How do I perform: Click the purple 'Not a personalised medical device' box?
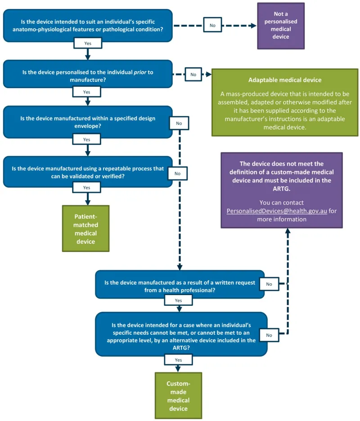(x=281, y=26)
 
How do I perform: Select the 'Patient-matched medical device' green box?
(x=85, y=229)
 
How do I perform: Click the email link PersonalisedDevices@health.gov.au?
(x=277, y=210)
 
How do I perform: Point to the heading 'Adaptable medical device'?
(x=285, y=81)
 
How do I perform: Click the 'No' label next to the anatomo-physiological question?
(x=212, y=25)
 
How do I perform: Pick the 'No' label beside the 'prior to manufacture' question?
(x=193, y=74)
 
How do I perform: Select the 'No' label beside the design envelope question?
(x=179, y=123)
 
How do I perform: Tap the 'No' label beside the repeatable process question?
(x=177, y=173)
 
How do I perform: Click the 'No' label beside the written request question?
(x=269, y=284)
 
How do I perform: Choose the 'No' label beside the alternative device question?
(x=269, y=335)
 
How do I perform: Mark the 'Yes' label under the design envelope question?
(x=87, y=139)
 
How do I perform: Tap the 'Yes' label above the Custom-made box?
(x=178, y=360)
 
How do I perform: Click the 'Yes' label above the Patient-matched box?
(x=87, y=187)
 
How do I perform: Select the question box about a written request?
(x=179, y=284)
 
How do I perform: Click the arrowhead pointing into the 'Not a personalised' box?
(x=253, y=26)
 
